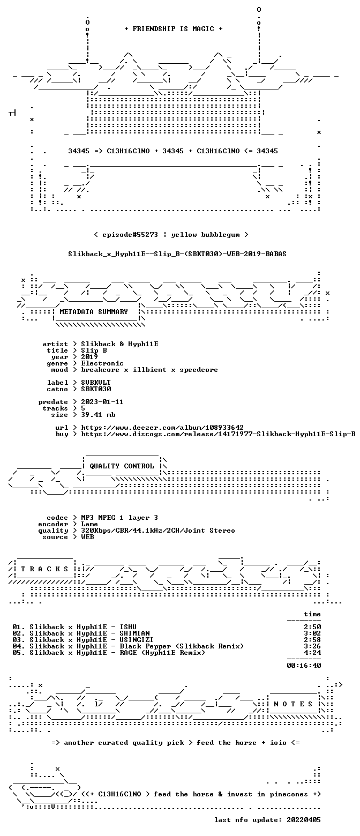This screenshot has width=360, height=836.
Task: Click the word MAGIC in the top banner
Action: click(204, 29)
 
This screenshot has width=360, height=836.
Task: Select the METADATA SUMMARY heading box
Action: click(94, 312)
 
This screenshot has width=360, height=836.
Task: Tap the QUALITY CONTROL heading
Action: click(122, 466)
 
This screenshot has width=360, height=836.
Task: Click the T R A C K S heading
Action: click(45, 569)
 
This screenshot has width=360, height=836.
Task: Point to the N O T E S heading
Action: click(293, 704)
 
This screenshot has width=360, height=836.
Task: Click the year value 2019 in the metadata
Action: click(89, 357)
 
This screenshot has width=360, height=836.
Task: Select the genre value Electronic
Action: click(102, 363)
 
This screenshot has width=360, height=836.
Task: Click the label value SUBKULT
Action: click(96, 383)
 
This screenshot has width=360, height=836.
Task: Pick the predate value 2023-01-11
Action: click(102, 402)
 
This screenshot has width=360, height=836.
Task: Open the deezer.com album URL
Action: click(162, 428)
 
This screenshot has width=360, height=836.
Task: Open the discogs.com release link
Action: click(218, 434)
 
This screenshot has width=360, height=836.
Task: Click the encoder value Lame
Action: click(89, 524)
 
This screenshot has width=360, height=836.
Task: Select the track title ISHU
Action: click(128, 627)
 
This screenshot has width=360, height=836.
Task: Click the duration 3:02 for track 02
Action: click(312, 633)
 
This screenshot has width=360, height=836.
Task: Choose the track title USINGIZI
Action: click(137, 640)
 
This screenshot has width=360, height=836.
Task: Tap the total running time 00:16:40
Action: click(304, 666)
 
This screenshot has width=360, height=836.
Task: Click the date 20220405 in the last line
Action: click(304, 820)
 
